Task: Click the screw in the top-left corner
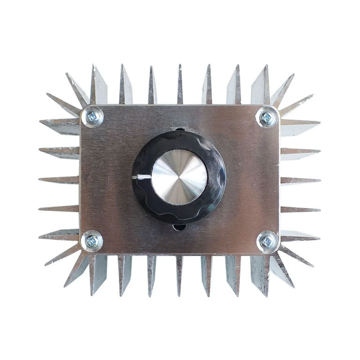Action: click(92, 117)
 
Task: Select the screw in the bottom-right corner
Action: click(267, 241)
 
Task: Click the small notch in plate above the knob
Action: click(179, 129)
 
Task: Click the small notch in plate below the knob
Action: click(179, 227)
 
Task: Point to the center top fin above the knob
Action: click(180, 85)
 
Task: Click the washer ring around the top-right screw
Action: click(274, 112)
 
